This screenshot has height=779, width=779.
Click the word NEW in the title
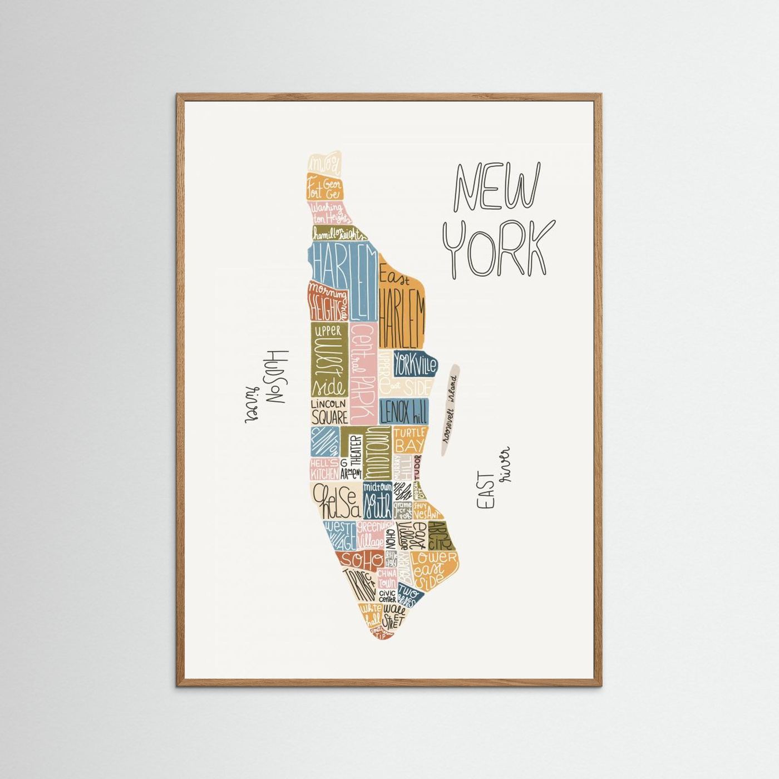(497, 189)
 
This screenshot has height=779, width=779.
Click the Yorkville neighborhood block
(415, 364)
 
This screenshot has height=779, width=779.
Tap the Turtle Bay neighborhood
(410, 440)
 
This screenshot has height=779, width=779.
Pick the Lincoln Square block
(329, 411)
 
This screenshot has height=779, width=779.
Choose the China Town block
(387, 578)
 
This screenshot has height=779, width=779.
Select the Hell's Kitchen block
(324, 469)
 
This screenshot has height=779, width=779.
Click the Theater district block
(355, 451)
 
